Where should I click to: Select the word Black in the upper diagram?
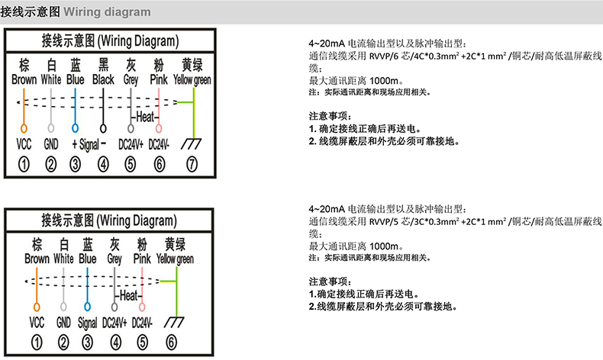tap(103, 79)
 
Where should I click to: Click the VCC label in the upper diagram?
tap(24, 144)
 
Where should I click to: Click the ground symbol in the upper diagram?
tap(192, 143)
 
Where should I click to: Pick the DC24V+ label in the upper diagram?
tap(131, 144)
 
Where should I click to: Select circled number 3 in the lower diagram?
tap(88, 342)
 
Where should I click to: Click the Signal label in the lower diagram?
tap(88, 322)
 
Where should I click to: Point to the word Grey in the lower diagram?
tap(114, 259)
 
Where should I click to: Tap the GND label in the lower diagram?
tap(63, 322)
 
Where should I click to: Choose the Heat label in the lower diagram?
tap(129, 295)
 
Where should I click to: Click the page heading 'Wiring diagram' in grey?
tap(107, 12)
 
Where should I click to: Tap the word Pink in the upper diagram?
tap(159, 79)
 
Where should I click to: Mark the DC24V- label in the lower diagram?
tap(143, 322)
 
